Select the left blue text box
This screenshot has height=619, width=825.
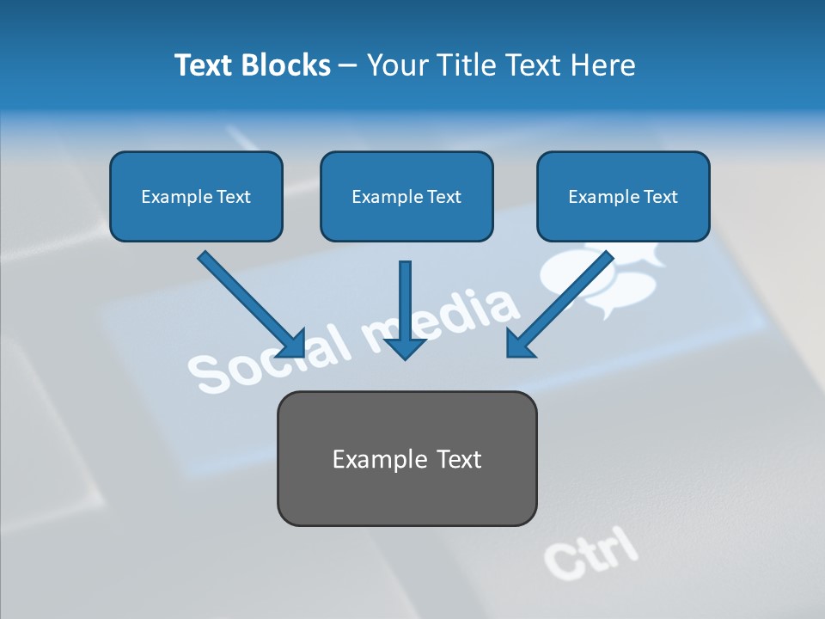pos(196,196)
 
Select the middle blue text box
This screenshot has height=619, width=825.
pos(406,196)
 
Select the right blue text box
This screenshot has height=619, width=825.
pos(623,196)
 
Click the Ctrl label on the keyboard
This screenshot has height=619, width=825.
pos(590,552)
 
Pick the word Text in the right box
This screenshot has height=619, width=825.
pos(660,197)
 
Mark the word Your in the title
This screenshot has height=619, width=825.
pos(397,65)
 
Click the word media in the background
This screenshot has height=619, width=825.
pos(447,318)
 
